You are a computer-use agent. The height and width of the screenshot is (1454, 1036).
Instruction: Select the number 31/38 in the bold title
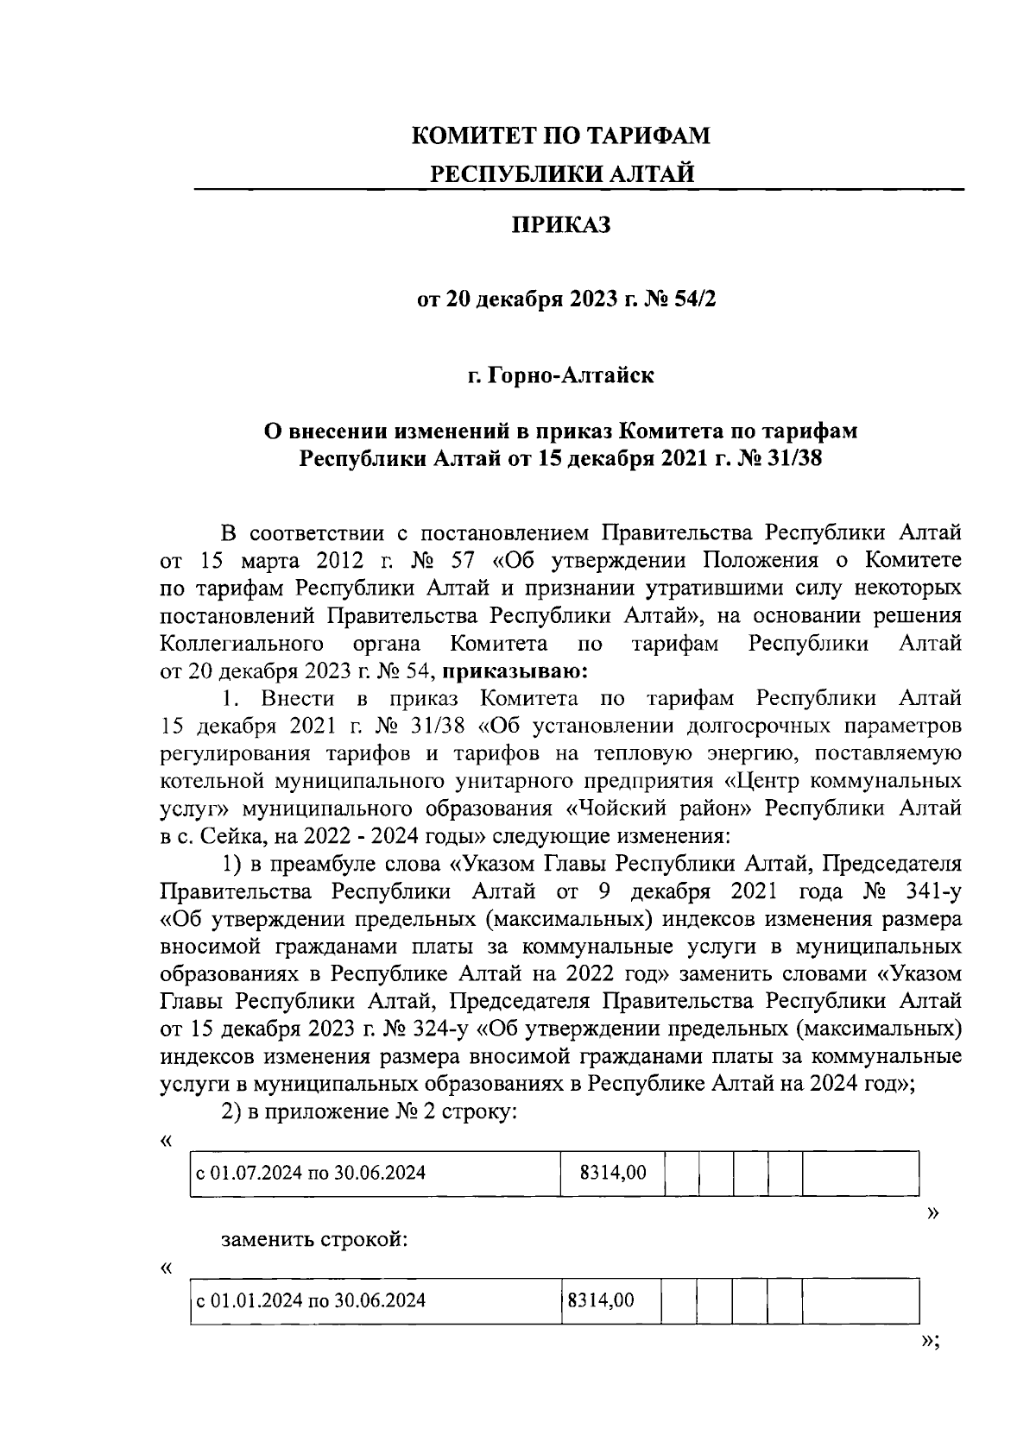pyautogui.click(x=792, y=457)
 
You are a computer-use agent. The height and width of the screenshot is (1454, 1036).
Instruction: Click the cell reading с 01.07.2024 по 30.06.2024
pyautogui.click(x=311, y=1174)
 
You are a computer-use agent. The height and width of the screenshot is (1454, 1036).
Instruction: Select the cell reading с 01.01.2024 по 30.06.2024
pyautogui.click(x=311, y=1300)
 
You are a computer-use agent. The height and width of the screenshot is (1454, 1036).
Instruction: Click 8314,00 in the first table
pyautogui.click(x=613, y=1174)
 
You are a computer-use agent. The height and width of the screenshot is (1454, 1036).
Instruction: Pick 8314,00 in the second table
pyautogui.click(x=602, y=1300)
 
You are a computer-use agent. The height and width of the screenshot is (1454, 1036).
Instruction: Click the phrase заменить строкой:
pyautogui.click(x=314, y=1241)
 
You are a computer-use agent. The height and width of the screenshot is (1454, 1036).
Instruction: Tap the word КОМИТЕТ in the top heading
pyautogui.click(x=471, y=136)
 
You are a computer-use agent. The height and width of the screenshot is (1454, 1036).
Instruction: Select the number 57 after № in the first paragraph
pyautogui.click(x=463, y=560)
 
